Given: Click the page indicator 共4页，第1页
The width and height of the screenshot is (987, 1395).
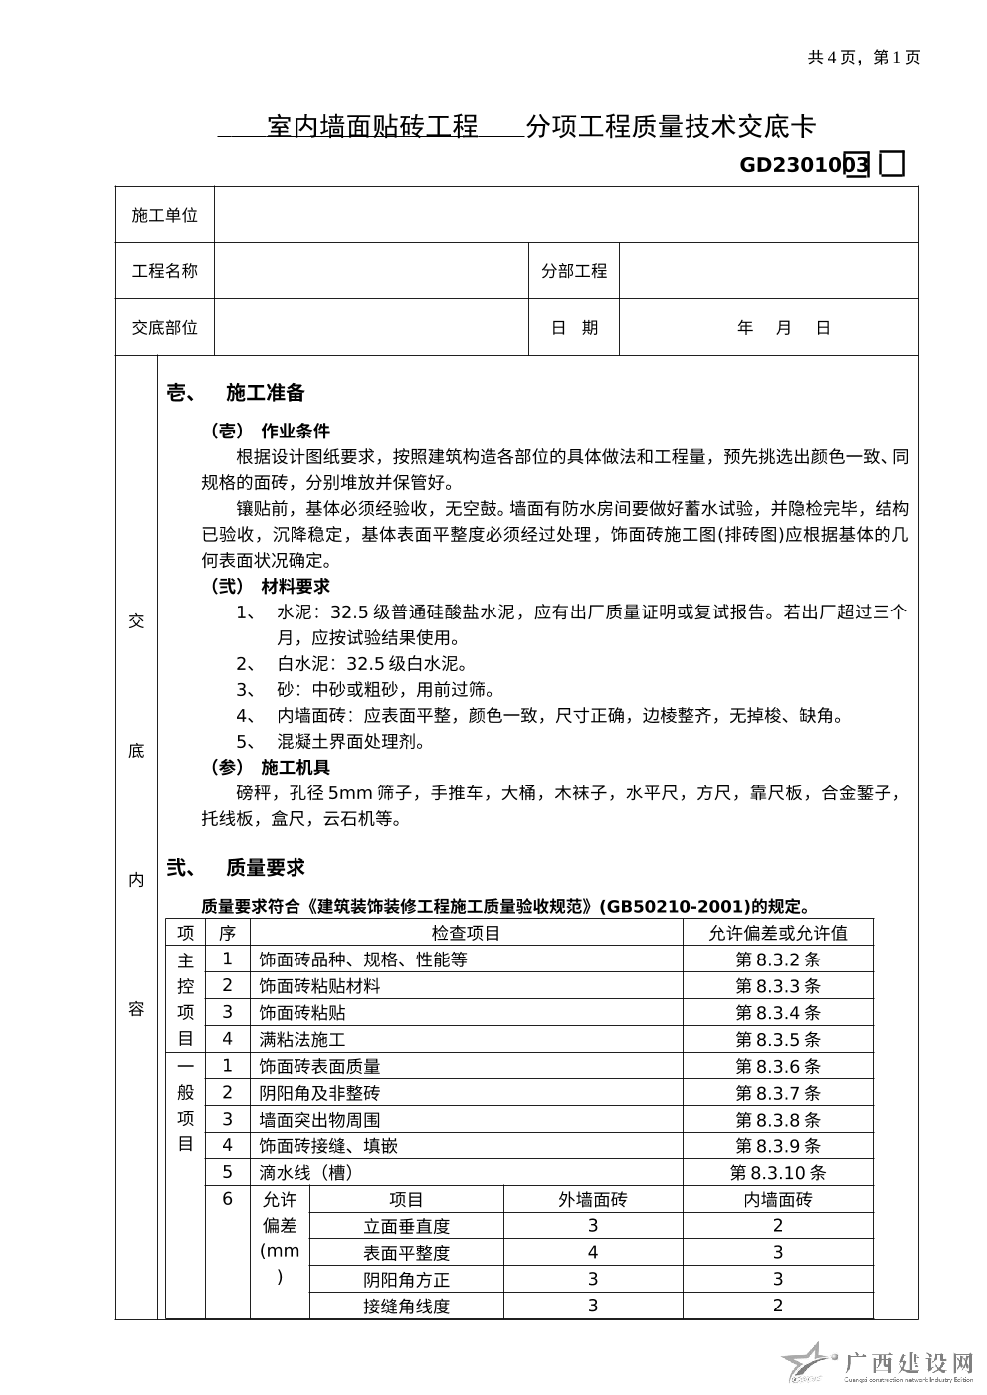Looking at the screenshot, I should (x=864, y=57).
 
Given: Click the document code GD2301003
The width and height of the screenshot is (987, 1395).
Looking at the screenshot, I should (x=804, y=165).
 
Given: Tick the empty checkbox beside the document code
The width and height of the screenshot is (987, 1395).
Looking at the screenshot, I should (x=892, y=164).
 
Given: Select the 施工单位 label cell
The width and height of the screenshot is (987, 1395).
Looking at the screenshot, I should (x=165, y=215).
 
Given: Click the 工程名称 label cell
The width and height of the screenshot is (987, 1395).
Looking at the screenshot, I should (x=165, y=271).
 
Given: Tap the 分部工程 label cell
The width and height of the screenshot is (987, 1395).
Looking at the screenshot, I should (x=574, y=271).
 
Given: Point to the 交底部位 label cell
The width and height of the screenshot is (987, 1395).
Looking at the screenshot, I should (x=165, y=328).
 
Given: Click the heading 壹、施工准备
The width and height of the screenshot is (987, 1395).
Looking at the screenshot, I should (x=236, y=393).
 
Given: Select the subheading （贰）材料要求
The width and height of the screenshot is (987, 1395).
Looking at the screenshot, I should (x=269, y=587).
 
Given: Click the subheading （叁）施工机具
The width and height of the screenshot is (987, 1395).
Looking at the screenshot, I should (x=269, y=768).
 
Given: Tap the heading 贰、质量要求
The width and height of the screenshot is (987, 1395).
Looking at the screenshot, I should (x=236, y=868).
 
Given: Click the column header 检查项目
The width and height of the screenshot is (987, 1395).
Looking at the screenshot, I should (x=466, y=933).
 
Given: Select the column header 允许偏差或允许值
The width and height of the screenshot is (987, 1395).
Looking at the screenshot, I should (x=777, y=933).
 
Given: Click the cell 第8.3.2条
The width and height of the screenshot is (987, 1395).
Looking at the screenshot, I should (x=777, y=959).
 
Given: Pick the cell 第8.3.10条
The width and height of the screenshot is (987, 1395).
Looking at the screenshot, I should (x=777, y=1173).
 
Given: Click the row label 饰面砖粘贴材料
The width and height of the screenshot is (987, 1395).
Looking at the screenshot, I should (x=319, y=986).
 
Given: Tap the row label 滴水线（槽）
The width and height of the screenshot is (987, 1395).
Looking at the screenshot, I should (x=306, y=1173).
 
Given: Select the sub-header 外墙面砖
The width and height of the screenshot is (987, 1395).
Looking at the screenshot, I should (x=593, y=1200).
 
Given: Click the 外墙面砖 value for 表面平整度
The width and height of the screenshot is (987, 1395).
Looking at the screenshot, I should (x=593, y=1253).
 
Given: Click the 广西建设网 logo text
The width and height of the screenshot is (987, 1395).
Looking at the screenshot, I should (x=907, y=1362).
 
